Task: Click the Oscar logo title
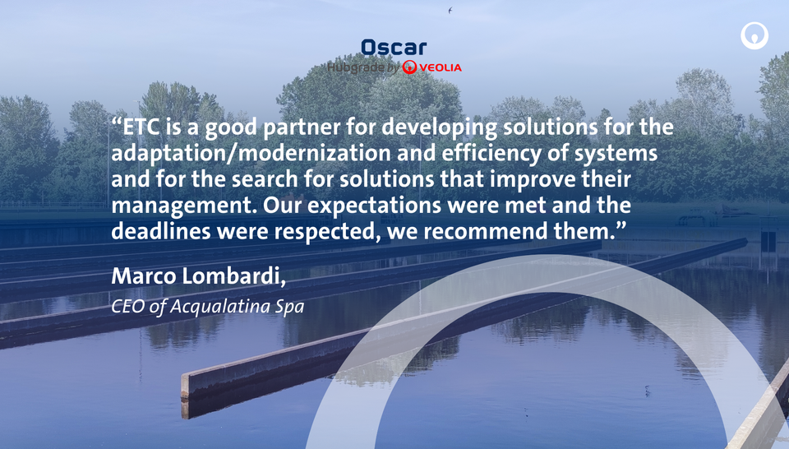point(394,48)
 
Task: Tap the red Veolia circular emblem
point(409,67)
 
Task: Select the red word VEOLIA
point(441,67)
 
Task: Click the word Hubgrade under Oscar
point(355,67)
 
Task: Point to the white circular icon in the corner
point(754,35)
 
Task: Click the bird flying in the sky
point(450,10)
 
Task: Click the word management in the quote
point(184,206)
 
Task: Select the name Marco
point(144,275)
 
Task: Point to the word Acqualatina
point(220,306)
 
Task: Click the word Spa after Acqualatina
point(289,307)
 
